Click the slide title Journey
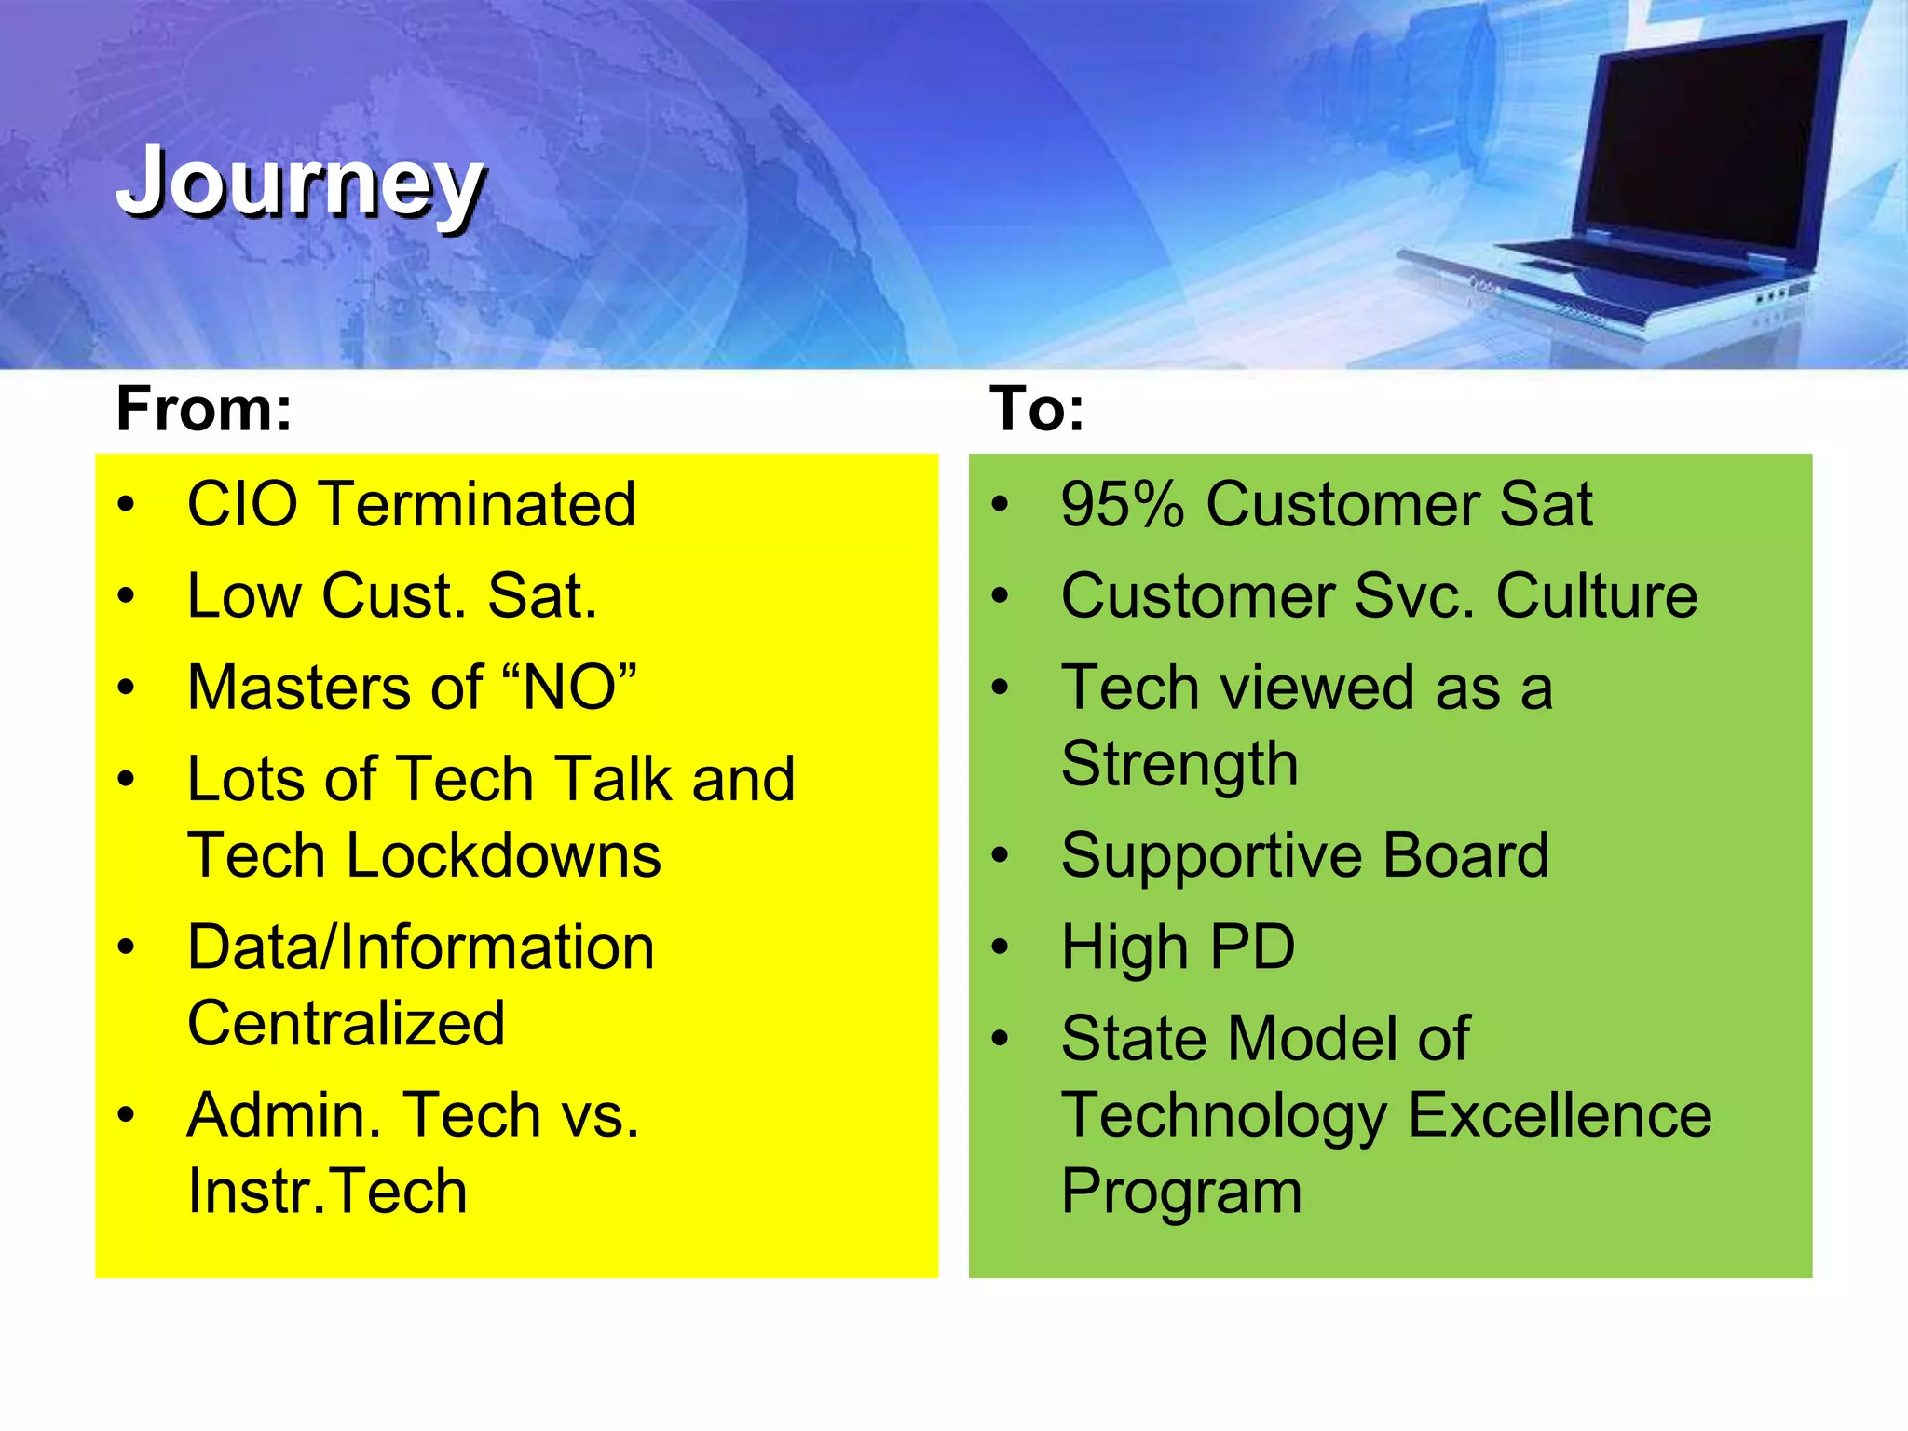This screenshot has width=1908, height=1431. pyautogui.click(x=300, y=183)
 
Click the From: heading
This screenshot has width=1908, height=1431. pyautogui.click(x=204, y=409)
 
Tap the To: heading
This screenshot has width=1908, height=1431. pyautogui.click(x=1037, y=409)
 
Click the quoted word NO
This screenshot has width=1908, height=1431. pyautogui.click(x=569, y=688)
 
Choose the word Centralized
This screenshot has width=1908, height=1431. pyautogui.click(x=346, y=1023)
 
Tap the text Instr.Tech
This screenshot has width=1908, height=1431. pyautogui.click(x=327, y=1191)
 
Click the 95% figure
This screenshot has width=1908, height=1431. pyautogui.click(x=1122, y=504)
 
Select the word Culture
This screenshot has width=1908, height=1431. pyautogui.click(x=1596, y=595)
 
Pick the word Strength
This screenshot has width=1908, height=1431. pyautogui.click(x=1179, y=764)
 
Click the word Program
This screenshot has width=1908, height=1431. pyautogui.click(x=1180, y=1191)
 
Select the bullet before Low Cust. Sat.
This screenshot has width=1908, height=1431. pyautogui.click(x=127, y=596)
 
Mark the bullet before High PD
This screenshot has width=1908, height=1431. pyautogui.click(x=1001, y=947)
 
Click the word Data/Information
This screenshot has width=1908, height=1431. pyautogui.click(x=420, y=947)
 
